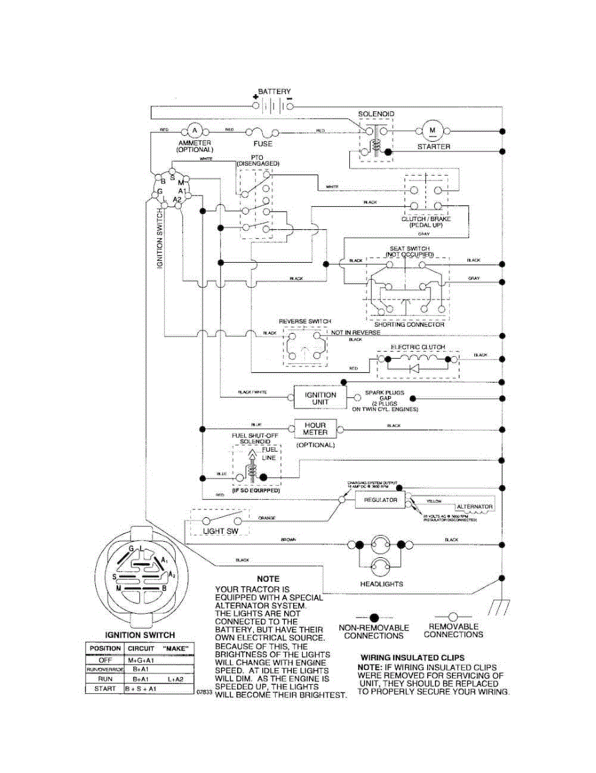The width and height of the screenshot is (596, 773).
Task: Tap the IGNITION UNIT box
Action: [320, 398]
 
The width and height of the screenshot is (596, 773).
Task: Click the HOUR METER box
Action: [315, 428]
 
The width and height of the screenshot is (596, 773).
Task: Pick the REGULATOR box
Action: [380, 500]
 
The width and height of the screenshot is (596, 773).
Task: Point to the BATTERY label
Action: [274, 91]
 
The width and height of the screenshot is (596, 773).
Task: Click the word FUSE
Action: [263, 144]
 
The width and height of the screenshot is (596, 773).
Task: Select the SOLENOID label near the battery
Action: [376, 114]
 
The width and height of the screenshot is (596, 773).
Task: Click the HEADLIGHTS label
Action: [381, 584]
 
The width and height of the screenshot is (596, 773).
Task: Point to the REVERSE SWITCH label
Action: [305, 321]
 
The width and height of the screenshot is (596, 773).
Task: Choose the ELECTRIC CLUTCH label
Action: [418, 347]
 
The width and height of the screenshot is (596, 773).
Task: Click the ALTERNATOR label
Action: [474, 507]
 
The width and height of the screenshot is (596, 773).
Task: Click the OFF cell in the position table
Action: [104, 659]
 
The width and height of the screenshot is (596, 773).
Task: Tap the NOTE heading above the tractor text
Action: [268, 579]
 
